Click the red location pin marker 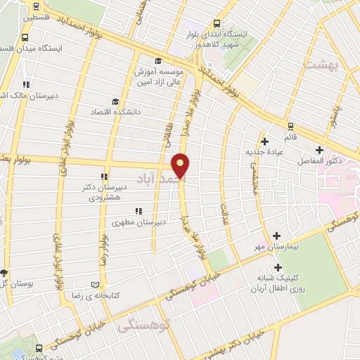coord(182,165)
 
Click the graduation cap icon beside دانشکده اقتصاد coord(115,101)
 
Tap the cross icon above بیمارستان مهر coord(276,236)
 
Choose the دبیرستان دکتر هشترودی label coord(103,192)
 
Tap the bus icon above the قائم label coord(290,126)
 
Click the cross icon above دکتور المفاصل coord(319,150)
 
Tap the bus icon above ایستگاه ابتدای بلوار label coord(216,23)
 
